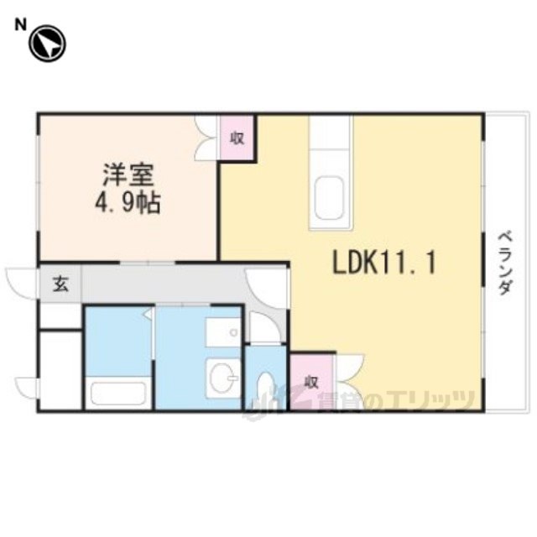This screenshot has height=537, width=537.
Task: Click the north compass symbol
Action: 47,44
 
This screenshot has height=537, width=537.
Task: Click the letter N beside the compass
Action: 20,25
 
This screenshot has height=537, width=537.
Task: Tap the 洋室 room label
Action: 128,175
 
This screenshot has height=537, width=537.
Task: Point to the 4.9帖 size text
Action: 128,203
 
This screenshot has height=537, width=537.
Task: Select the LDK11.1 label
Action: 384,262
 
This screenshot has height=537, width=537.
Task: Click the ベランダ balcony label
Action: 505,263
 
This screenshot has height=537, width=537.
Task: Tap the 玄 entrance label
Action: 60,284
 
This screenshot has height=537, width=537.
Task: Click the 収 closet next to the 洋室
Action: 237,138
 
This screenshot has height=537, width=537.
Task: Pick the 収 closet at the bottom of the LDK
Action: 311,382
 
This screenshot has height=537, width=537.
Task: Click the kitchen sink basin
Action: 329,198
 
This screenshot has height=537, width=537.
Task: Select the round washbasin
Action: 222,378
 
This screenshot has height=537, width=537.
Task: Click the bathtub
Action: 118,394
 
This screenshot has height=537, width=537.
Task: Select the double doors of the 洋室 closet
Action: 206,138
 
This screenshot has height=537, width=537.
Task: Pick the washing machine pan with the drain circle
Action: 223,332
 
